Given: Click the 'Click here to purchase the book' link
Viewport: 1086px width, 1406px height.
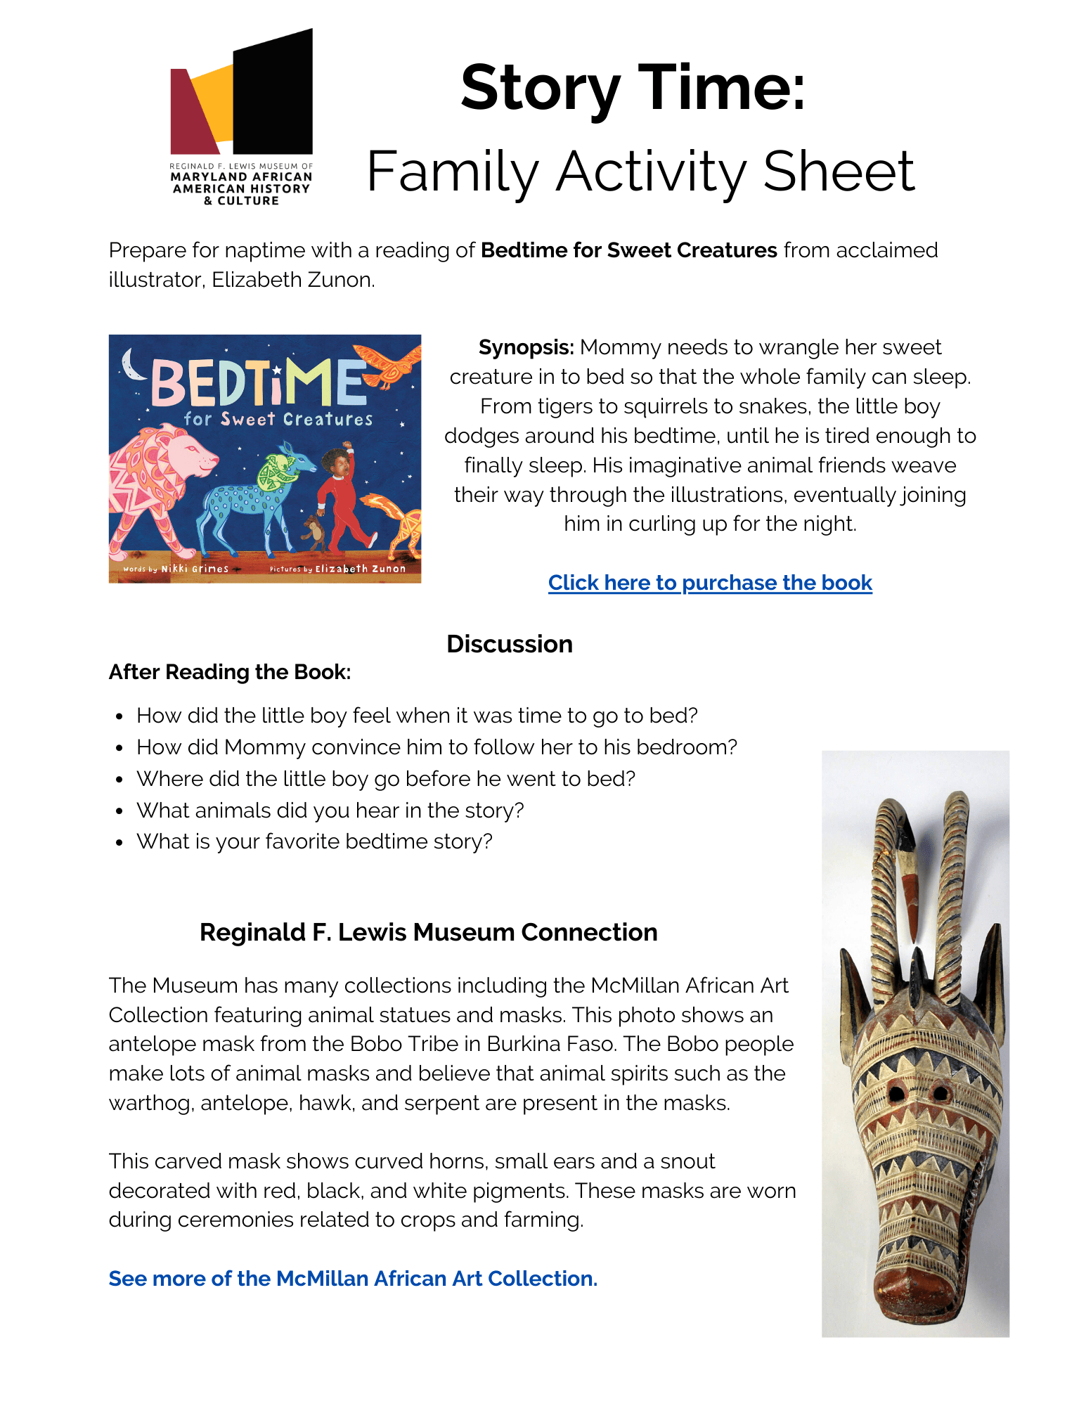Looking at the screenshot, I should (710, 583).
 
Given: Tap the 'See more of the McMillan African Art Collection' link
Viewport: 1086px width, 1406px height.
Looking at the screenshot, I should (353, 1278).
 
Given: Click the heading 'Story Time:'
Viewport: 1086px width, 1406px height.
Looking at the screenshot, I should (633, 89).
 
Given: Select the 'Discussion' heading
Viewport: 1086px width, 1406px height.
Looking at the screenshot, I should (510, 644).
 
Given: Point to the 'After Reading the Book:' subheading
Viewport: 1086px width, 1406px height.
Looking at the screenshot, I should (230, 672).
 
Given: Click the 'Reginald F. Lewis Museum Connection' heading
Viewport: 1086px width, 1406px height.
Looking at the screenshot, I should (428, 932).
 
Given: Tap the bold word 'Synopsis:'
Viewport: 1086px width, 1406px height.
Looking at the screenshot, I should (526, 347).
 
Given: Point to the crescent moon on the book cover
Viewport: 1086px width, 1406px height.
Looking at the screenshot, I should (129, 363).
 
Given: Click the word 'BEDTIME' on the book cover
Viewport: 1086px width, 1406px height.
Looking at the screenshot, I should (259, 384).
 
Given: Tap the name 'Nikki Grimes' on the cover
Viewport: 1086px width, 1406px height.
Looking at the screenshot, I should (195, 569).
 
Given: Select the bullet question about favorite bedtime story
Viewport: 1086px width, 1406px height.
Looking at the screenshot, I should (314, 841).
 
